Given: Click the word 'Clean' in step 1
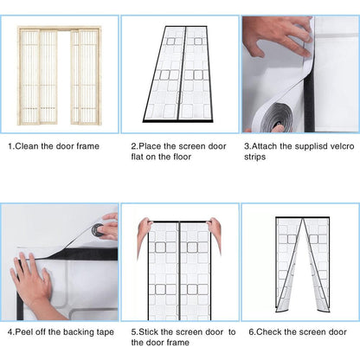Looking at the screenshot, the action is click(x=27, y=146).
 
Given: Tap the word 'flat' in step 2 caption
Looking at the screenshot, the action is click(x=138, y=157).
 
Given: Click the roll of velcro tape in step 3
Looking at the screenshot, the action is click(x=274, y=118).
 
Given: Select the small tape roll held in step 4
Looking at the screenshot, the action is click(x=98, y=229).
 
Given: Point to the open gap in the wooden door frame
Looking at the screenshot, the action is click(x=64, y=77).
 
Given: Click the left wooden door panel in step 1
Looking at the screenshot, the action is click(x=39, y=77).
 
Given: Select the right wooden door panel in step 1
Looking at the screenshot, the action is click(x=86, y=77).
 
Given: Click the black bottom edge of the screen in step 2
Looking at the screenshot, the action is click(x=178, y=120).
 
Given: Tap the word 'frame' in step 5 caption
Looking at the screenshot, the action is click(x=178, y=343).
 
